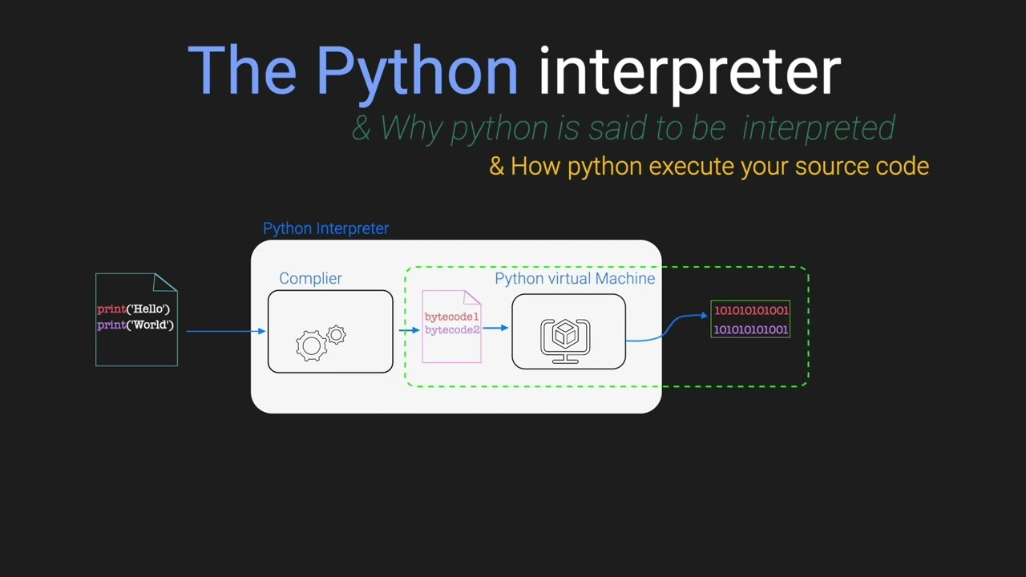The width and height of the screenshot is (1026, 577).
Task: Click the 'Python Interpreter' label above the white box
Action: tap(325, 228)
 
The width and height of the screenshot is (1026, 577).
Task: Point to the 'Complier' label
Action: tap(310, 278)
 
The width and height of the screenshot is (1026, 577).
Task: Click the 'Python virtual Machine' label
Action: tap(574, 278)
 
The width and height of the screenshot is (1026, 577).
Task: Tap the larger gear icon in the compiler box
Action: tap(310, 345)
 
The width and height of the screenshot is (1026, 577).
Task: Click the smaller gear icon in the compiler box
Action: tap(337, 335)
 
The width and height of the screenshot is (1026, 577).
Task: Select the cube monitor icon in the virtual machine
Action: tap(566, 338)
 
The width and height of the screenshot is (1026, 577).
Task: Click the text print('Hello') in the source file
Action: tap(134, 309)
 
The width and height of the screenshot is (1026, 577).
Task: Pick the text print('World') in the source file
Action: tap(135, 325)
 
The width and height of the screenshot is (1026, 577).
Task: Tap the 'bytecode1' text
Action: tap(451, 317)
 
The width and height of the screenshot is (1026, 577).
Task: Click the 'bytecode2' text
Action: tap(452, 330)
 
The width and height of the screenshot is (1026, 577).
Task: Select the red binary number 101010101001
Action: tap(751, 311)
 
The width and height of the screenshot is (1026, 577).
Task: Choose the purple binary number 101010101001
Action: tap(751, 329)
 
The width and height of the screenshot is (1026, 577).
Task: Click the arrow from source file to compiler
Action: tap(224, 331)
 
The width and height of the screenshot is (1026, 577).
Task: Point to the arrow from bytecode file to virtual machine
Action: tap(495, 328)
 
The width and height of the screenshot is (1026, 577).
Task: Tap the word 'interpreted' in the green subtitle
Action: tap(818, 127)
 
